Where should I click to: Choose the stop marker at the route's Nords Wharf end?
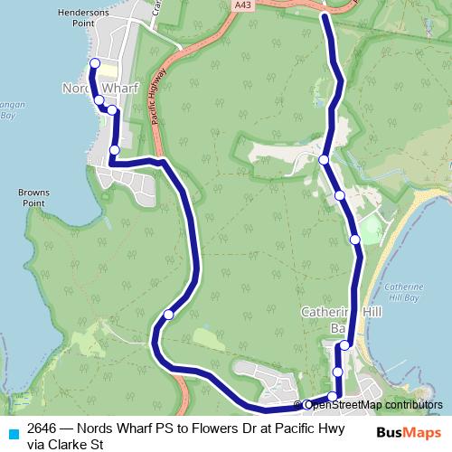pyautogui.click(x=94, y=62)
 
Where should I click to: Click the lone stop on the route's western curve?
pyautogui.click(x=169, y=315)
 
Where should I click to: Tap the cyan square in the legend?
pyautogui.click(x=13, y=432)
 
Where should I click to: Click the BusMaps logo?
pyautogui.click(x=409, y=432)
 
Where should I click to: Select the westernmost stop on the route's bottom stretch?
pyautogui.click(x=308, y=404)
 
